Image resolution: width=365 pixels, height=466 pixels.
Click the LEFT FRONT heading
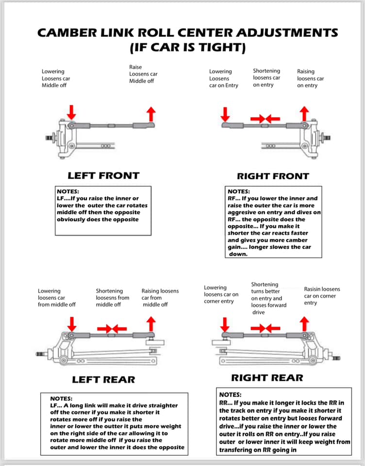click(103, 175)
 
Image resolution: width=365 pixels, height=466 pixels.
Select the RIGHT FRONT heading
click(273, 176)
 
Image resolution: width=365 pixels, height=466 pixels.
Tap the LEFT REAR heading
click(103, 379)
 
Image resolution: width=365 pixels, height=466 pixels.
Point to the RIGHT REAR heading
click(267, 377)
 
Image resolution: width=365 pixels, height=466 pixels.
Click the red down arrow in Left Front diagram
click(71, 113)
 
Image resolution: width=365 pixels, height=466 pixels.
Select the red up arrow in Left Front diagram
click(151, 114)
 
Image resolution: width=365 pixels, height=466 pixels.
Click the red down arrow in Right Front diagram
click(225, 115)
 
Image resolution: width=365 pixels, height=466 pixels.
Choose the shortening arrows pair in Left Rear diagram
click(112, 329)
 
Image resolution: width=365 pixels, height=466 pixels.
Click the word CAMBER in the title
click(67, 33)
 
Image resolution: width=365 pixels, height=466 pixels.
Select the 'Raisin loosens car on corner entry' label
click(322, 296)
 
